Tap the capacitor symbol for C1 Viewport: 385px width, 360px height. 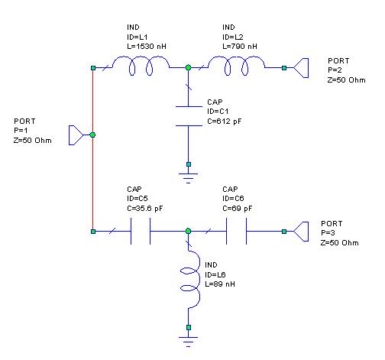tap(189, 116)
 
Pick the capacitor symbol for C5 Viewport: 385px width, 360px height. tap(141, 231)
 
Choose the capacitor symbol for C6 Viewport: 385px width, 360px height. tap(236, 231)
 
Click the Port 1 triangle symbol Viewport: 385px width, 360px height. tap(76, 135)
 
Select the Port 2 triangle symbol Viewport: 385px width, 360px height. tap(301, 68)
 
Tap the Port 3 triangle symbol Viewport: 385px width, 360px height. tap(301, 232)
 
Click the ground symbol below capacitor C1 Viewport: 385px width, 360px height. tap(189, 178)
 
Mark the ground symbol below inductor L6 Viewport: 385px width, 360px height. tap(189, 342)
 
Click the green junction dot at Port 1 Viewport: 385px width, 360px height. tap(92, 135)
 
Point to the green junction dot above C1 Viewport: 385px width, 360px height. tap(189, 67)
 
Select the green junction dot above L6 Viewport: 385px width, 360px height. tap(189, 231)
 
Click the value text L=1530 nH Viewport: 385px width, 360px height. tap(147, 47)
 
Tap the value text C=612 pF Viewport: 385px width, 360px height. tap(225, 122)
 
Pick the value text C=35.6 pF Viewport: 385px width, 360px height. tap(145, 209)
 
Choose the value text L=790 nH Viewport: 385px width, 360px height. tap(240, 47)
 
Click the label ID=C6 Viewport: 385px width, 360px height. tap(233, 199)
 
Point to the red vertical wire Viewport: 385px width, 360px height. tap(93, 150)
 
